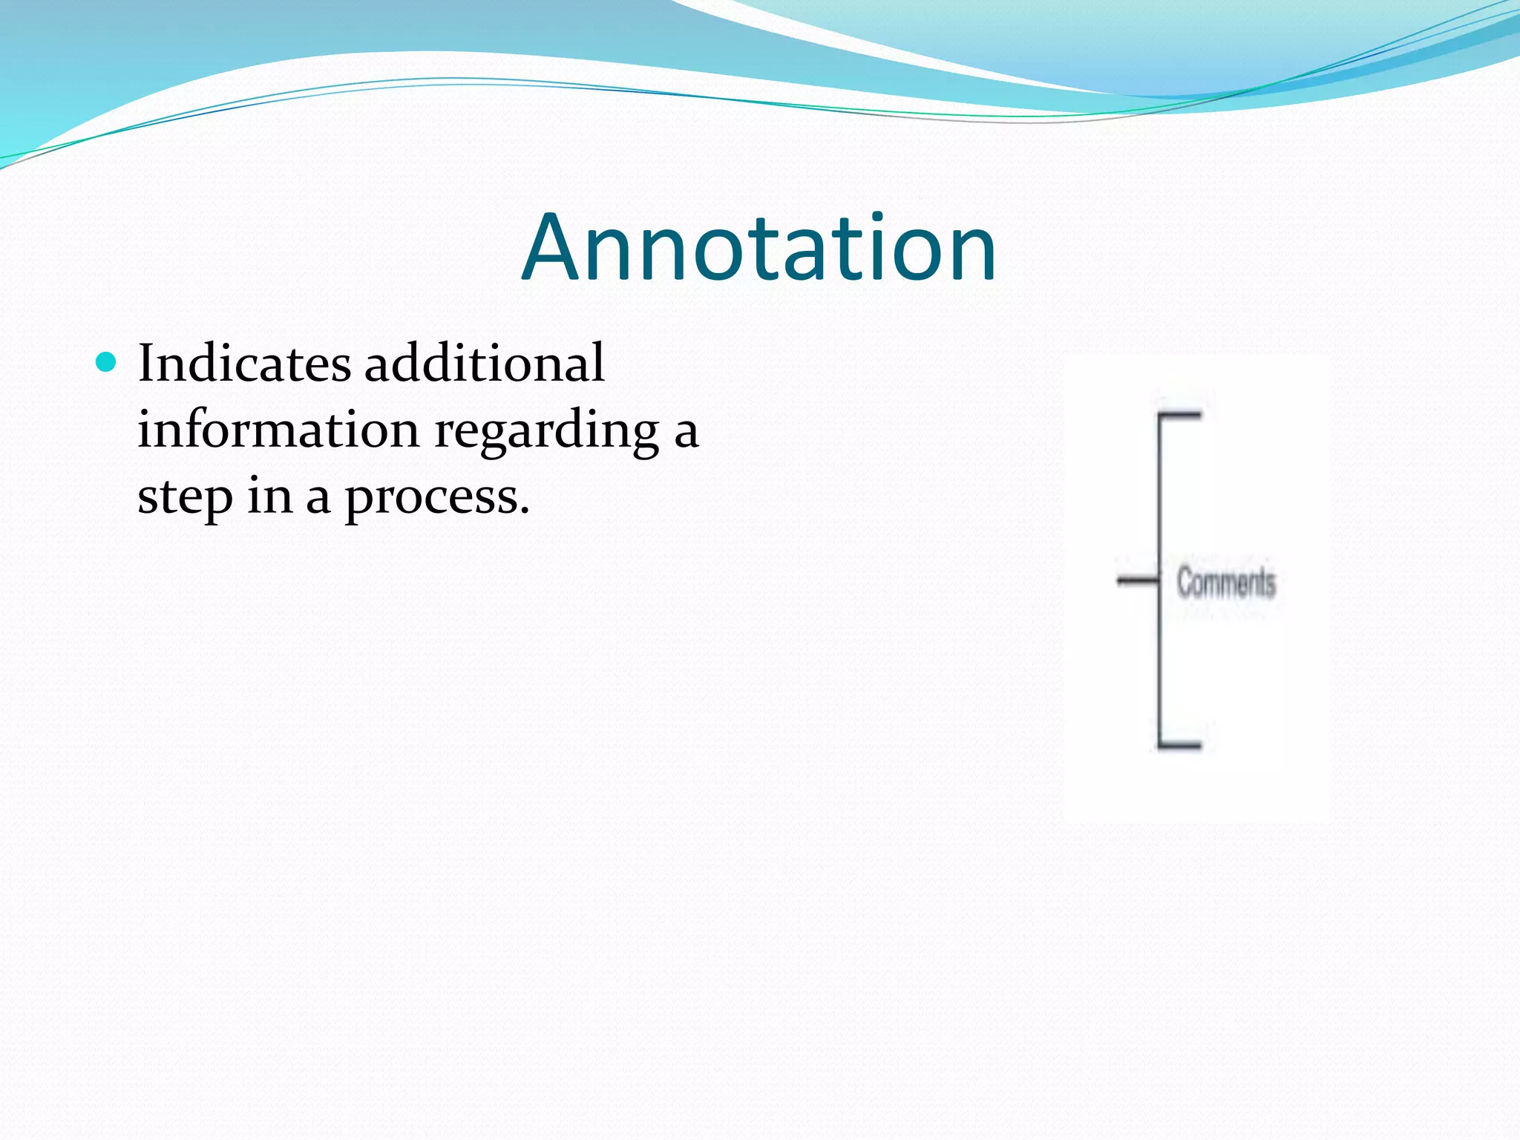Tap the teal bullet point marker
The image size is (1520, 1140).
107,362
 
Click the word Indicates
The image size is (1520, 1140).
244,364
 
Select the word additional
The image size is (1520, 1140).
484,364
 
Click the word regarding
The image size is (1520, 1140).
546,432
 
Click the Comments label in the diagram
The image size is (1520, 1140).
1226,582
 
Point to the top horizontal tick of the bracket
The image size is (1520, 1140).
1181,415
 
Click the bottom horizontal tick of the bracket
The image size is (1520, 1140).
1181,744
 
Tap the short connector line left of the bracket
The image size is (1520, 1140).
1138,580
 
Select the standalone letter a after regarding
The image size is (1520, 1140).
686,433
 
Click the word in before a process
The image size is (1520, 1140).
269,497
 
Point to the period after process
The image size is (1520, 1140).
525,512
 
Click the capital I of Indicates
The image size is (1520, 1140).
147,364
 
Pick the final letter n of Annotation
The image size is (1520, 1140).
972,256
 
